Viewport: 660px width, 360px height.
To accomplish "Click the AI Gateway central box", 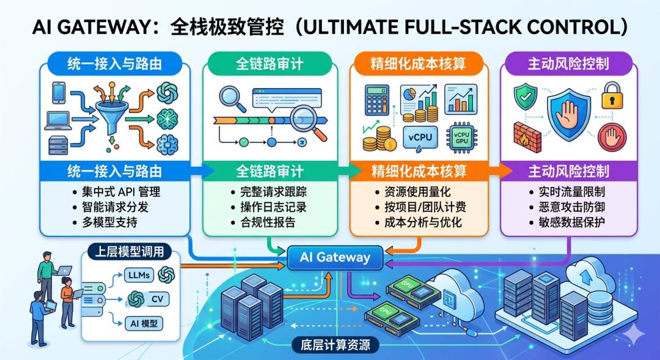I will pyautogui.click(x=335, y=257).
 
